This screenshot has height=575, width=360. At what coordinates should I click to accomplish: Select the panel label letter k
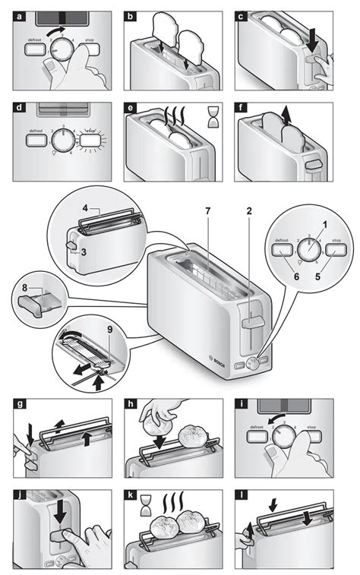tap(131, 496)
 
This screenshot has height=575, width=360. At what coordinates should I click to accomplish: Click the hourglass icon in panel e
tap(215, 115)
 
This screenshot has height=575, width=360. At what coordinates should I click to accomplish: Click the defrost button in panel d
tap(35, 140)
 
